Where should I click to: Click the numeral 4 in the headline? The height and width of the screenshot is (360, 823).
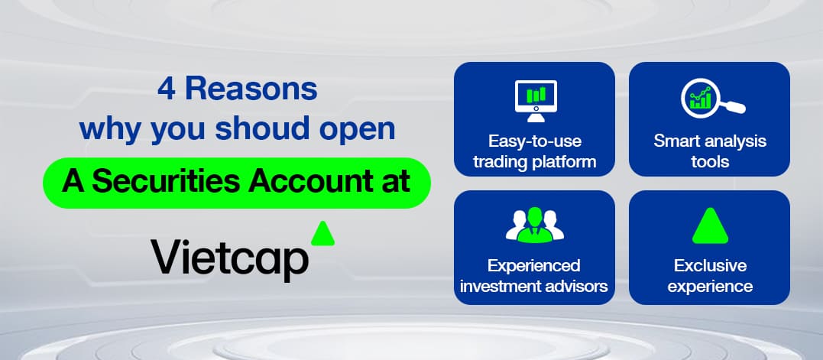tap(167, 89)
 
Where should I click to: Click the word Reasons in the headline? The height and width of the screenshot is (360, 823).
tap(251, 89)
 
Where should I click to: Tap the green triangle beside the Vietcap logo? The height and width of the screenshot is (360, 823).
tap(322, 233)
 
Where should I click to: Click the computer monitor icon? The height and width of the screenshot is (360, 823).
tap(535, 102)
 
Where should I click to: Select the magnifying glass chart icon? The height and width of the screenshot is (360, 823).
tap(713, 100)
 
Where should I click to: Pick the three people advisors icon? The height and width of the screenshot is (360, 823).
tap(535, 225)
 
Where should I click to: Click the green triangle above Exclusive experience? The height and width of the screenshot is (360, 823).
tap(710, 225)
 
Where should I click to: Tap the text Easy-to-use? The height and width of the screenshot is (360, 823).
tap(535, 141)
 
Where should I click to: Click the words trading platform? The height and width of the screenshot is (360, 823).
tap(535, 161)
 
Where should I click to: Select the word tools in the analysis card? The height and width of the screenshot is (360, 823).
tap(710, 161)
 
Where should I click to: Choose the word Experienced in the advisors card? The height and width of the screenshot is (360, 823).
tap(534, 265)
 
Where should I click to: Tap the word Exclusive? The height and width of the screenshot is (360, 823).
tap(710, 265)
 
